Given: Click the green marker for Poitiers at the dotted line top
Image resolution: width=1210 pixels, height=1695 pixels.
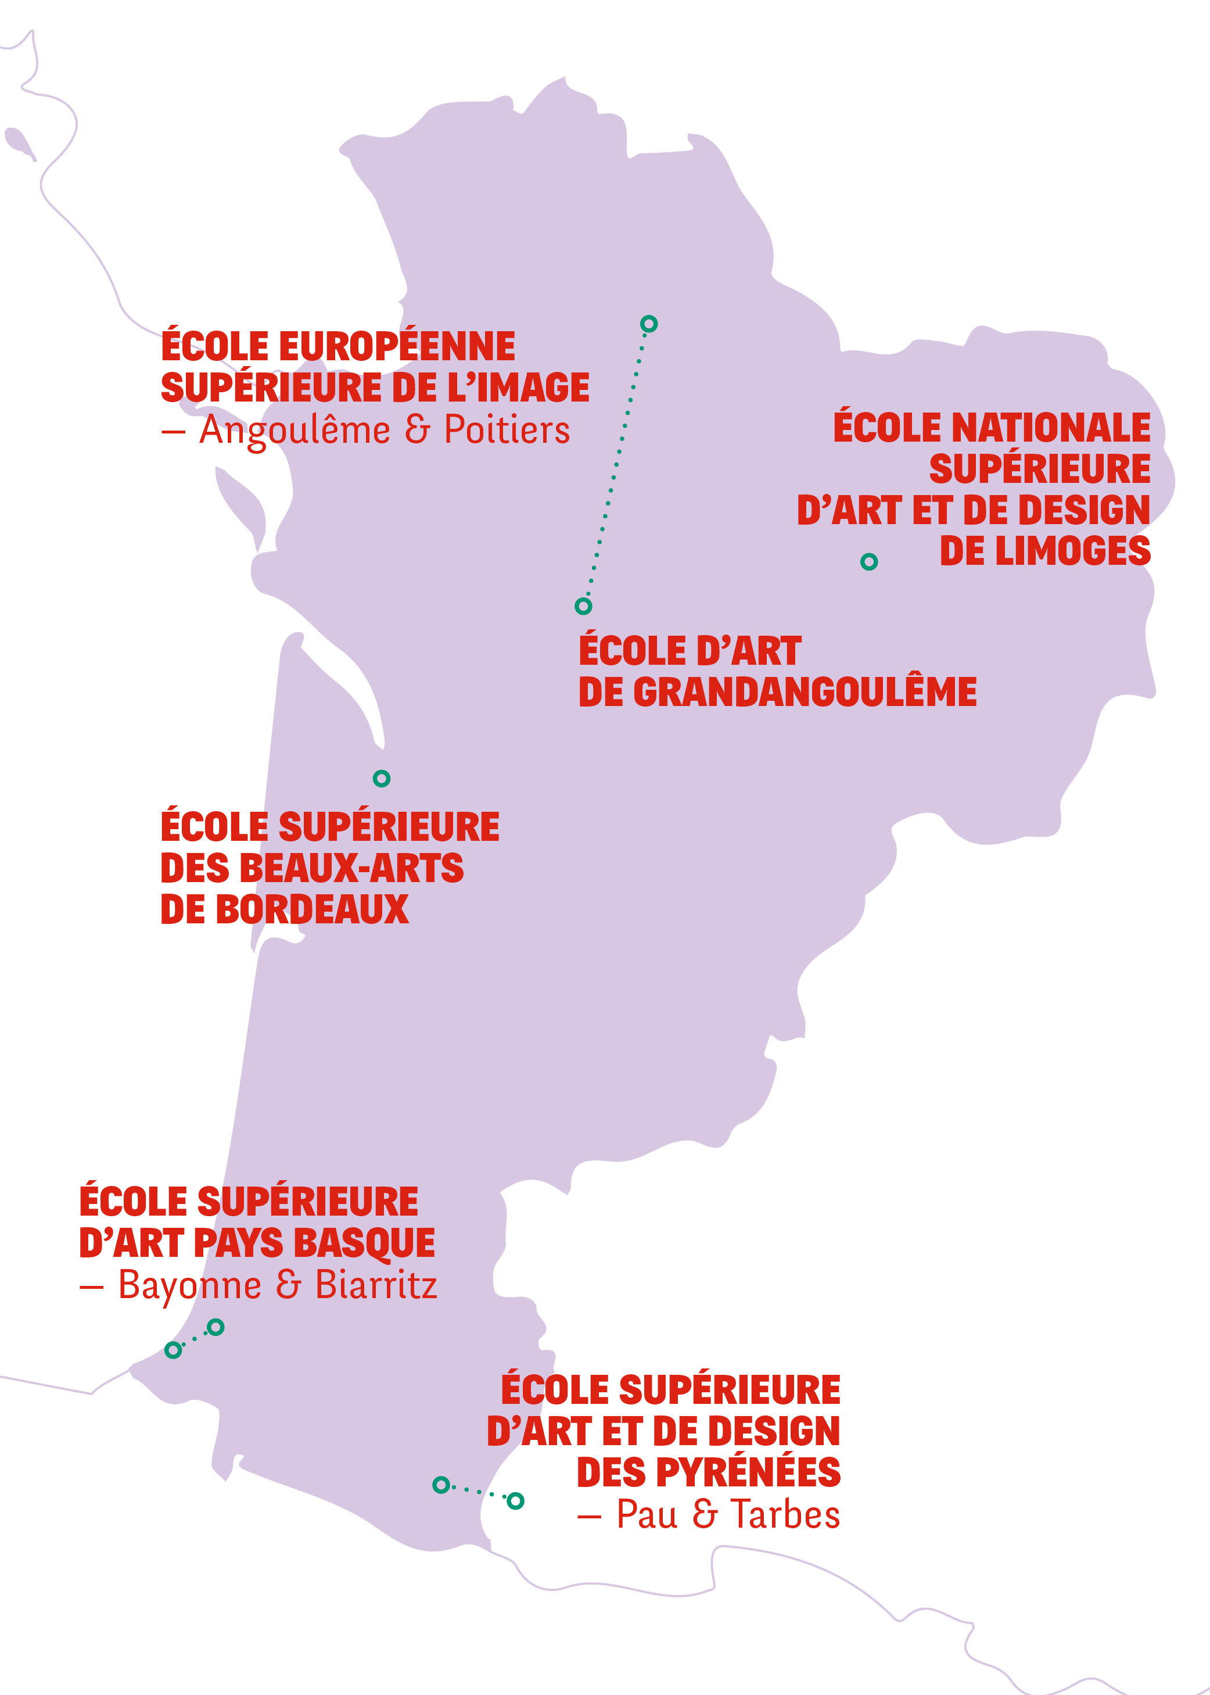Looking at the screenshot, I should click(648, 324).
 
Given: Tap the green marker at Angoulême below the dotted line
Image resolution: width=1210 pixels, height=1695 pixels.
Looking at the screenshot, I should click(583, 606).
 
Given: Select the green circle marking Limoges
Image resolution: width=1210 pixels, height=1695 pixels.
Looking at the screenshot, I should click(869, 561).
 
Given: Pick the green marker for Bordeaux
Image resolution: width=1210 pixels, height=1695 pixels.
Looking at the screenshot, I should click(382, 778).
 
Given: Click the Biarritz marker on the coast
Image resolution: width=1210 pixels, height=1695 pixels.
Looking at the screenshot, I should click(173, 1349).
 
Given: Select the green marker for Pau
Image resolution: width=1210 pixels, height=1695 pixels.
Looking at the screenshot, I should click(441, 1485).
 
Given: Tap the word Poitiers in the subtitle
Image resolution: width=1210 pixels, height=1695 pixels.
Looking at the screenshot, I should click(507, 430).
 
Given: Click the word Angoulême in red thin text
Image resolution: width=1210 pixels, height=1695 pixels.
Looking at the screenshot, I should click(295, 431).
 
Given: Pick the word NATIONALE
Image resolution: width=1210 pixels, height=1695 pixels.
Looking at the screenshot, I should click(1051, 428).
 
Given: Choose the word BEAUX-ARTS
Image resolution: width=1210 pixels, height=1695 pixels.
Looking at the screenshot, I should click(351, 868).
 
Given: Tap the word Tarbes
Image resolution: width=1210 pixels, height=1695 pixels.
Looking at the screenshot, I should click(785, 1515).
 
